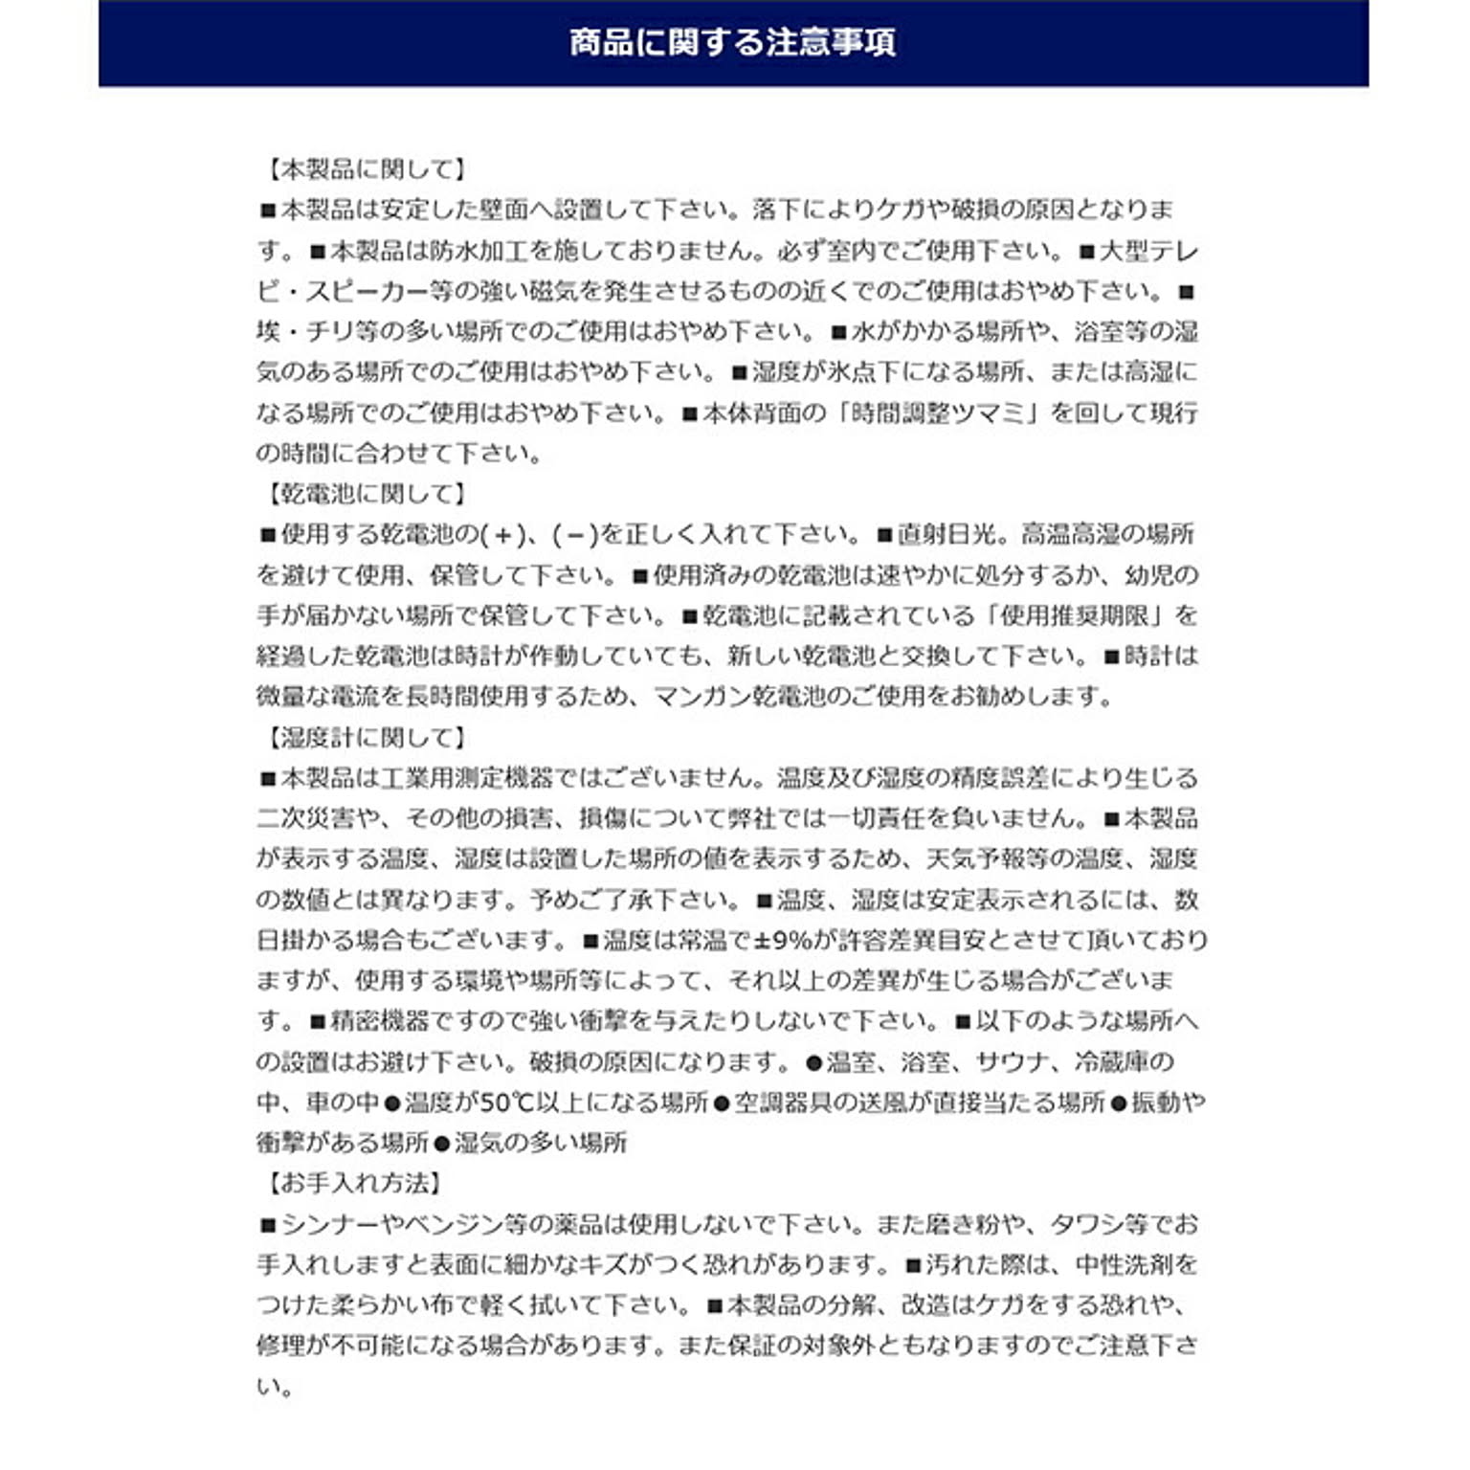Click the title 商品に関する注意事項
[x=733, y=43]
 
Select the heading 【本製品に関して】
[x=365, y=170]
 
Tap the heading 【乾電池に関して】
[x=365, y=495]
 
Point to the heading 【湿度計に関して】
[x=365, y=738]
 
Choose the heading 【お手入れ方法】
[x=352, y=1184]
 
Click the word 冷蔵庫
[x=1112, y=1062]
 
